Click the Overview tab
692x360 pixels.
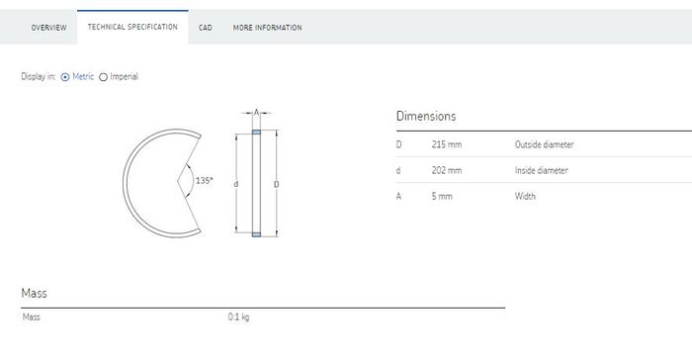tap(48, 28)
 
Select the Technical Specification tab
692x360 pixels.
tap(132, 27)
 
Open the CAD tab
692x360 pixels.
tap(206, 28)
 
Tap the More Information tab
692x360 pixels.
tap(268, 28)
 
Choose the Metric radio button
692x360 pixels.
tap(65, 77)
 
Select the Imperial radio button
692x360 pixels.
tap(103, 77)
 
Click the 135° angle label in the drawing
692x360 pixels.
tap(204, 181)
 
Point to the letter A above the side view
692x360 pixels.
tap(256, 113)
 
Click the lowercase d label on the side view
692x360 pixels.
tap(236, 184)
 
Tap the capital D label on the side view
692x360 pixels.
tap(276, 184)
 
